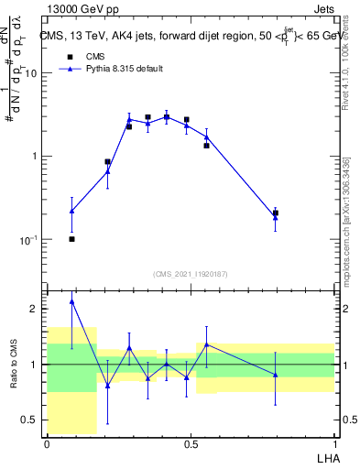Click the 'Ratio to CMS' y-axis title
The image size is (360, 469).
click(14, 365)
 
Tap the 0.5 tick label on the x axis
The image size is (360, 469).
click(191, 443)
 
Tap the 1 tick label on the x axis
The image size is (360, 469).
click(334, 443)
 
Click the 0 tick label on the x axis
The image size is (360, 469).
click(47, 443)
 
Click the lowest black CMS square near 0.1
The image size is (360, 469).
click(71, 239)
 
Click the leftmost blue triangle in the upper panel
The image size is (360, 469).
click(71, 211)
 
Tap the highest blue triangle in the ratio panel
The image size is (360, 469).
click(71, 300)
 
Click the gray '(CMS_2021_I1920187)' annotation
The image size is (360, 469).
click(191, 272)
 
